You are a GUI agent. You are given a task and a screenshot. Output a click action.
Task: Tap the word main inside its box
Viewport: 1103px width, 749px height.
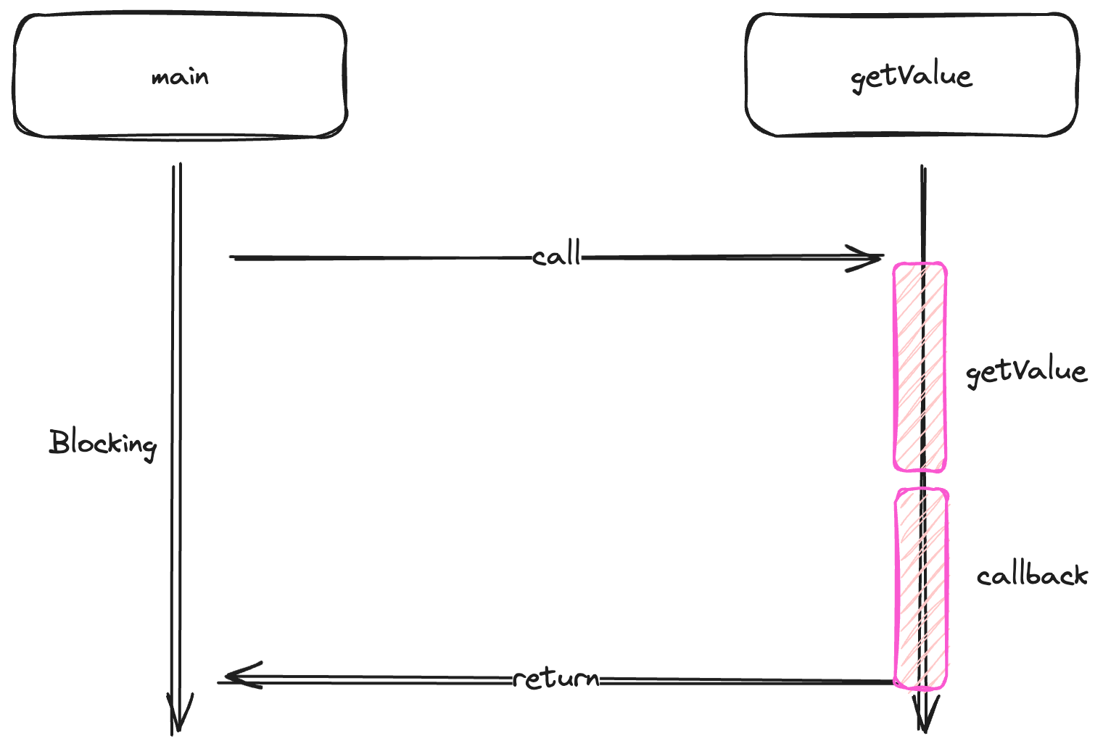(x=180, y=77)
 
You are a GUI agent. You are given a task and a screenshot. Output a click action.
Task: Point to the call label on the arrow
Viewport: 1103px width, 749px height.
(x=556, y=255)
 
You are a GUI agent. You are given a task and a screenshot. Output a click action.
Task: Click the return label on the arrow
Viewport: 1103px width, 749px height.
(x=556, y=679)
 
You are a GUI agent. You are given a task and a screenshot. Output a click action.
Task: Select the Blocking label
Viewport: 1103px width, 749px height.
(x=102, y=443)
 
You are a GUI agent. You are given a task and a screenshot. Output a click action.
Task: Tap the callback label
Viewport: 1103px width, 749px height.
(x=1031, y=576)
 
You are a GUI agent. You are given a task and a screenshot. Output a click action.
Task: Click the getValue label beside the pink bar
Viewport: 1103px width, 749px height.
(x=1025, y=372)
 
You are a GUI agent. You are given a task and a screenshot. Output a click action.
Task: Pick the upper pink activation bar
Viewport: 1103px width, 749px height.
(x=920, y=367)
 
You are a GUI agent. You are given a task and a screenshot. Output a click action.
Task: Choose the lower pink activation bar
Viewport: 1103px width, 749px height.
(x=921, y=587)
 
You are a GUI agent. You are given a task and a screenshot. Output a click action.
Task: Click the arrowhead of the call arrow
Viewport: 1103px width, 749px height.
(x=870, y=257)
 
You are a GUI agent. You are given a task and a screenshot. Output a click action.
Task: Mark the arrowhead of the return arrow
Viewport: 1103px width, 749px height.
(x=236, y=676)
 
